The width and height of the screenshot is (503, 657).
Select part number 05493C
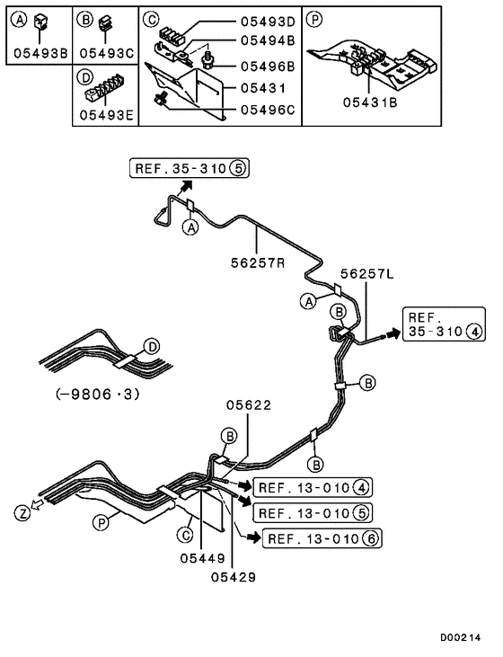(x=105, y=53)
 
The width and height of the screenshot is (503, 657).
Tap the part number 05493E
(x=105, y=114)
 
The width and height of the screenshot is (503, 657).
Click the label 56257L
(x=366, y=274)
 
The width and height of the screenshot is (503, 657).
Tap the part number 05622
(x=248, y=404)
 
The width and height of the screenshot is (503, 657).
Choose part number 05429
(x=233, y=577)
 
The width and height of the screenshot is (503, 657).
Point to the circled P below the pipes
(x=101, y=520)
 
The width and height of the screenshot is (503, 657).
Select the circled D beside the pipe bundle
(x=152, y=346)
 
